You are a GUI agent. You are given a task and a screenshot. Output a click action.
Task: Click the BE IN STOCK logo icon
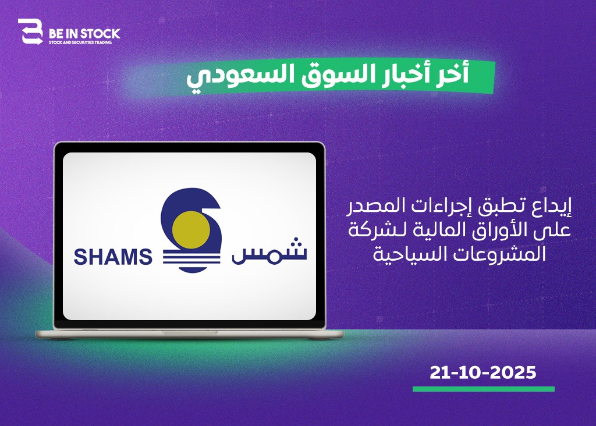(30, 32)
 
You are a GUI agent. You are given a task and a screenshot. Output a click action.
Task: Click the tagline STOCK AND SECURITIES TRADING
(80, 42)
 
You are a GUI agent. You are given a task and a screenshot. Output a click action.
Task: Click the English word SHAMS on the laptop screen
(113, 257)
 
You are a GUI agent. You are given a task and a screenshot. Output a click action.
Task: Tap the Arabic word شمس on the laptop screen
(269, 251)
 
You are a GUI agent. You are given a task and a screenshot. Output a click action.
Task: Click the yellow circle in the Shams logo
(191, 230)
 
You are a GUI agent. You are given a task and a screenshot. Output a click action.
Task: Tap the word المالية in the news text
(425, 229)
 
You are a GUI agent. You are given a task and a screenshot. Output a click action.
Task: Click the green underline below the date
(484, 389)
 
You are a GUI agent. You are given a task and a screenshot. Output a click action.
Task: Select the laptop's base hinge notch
(189, 332)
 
